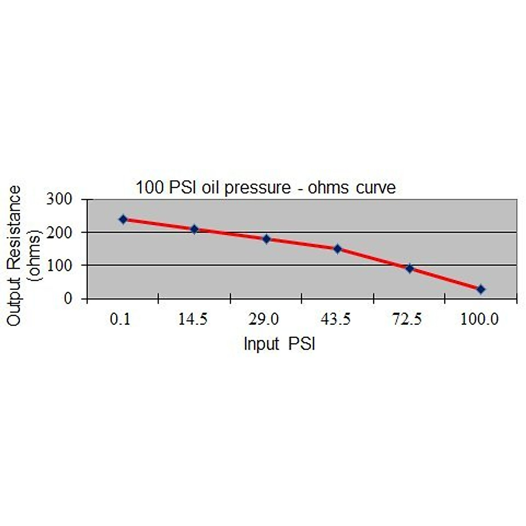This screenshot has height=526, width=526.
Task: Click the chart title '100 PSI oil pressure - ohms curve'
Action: [x=266, y=188]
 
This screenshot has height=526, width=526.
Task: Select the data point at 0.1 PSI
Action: [x=123, y=219]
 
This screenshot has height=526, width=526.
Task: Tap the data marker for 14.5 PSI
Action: [x=195, y=229]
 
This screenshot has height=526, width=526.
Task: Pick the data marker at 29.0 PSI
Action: [x=266, y=239]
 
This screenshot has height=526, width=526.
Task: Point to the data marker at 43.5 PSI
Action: [x=338, y=249]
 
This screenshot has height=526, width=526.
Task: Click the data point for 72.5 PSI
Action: [x=409, y=268]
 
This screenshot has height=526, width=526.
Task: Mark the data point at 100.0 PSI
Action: [x=481, y=289]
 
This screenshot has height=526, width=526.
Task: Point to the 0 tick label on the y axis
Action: [x=68, y=299]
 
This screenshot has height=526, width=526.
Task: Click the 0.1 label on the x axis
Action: [x=120, y=320]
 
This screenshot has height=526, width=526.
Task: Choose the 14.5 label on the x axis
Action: [x=193, y=320]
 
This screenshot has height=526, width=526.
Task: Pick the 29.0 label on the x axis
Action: [x=264, y=320]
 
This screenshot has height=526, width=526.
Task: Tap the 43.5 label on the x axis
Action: [x=336, y=320]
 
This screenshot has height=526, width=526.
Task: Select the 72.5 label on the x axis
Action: [x=407, y=320]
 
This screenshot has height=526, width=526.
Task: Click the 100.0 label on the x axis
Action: [x=480, y=320]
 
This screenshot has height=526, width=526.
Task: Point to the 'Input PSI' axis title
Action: [x=280, y=344]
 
